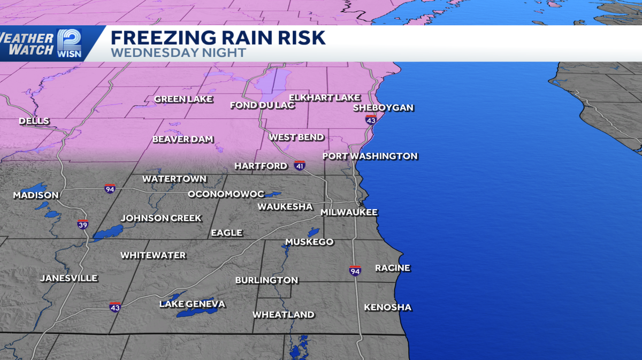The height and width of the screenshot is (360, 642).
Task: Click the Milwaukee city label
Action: point(349,212)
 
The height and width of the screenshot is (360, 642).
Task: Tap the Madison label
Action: point(36,195)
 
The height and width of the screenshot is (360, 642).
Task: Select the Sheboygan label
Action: point(383,108)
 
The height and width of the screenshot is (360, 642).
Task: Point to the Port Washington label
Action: point(370,156)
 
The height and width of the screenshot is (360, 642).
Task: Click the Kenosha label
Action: point(387,307)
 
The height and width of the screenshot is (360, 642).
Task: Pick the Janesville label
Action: point(68,278)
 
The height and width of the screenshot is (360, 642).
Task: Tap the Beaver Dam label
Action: point(183,139)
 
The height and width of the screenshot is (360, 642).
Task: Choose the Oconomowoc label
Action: point(226,194)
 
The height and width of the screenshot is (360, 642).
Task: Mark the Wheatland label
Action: point(284,315)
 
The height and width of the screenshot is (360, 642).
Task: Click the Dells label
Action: point(34,121)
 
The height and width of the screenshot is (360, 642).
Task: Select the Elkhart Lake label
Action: point(324,97)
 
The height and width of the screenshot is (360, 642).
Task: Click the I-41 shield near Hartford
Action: point(300,166)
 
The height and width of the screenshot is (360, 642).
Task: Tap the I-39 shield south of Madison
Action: point(82,225)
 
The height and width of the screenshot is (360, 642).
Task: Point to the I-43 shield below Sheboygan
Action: point(371,120)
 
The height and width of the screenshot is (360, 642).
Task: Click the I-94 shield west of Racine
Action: point(355,271)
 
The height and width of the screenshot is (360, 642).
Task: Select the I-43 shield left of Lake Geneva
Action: point(115,307)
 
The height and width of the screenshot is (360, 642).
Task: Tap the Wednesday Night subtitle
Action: point(178,52)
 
